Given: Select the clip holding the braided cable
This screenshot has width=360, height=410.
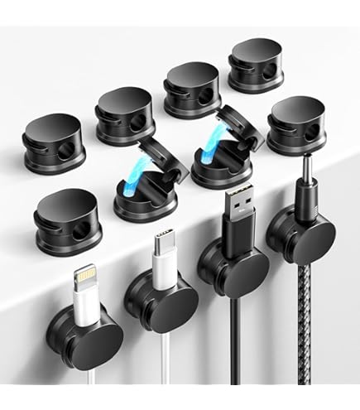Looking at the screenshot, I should [x=304, y=240].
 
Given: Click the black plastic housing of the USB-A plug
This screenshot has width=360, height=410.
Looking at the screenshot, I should [x=236, y=237].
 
